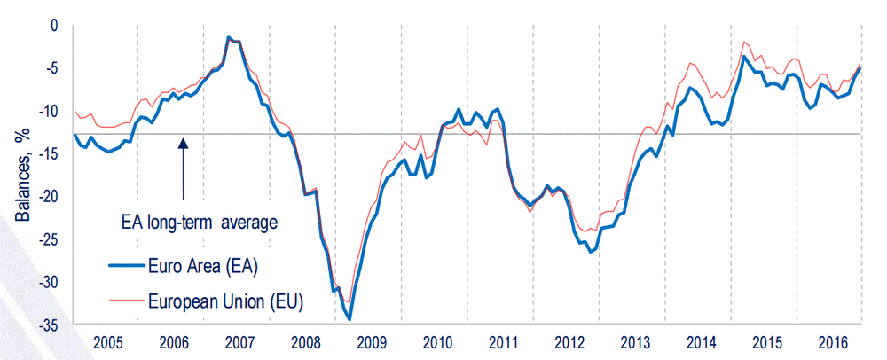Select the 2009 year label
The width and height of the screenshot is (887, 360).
click(x=370, y=343)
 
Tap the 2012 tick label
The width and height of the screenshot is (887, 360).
click(x=568, y=343)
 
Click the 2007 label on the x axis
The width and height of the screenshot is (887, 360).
click(x=238, y=343)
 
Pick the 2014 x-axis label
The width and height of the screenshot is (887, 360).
click(x=700, y=343)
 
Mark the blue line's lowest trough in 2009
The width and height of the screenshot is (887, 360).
click(x=349, y=318)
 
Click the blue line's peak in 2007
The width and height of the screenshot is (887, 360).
click(x=229, y=38)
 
